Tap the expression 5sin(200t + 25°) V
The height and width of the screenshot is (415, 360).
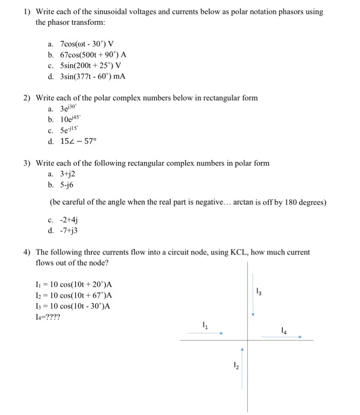coord(93,66)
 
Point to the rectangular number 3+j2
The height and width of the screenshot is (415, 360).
coord(68,174)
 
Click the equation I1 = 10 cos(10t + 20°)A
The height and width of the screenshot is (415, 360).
coord(74,285)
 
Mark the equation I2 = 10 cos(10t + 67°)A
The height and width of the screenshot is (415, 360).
coord(74,295)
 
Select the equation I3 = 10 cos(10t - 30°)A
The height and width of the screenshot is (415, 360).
coord(74,306)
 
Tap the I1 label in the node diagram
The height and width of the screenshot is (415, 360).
coord(205,325)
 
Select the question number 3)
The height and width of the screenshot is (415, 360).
coord(27,163)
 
